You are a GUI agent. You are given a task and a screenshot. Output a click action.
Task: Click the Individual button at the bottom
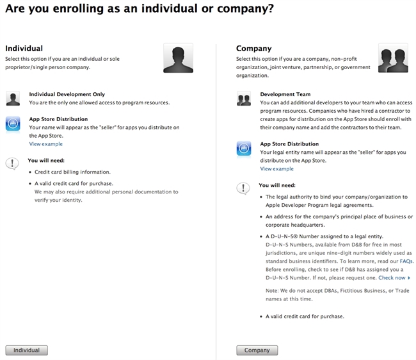click(26, 350)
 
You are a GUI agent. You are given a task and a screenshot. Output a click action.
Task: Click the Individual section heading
click(24, 49)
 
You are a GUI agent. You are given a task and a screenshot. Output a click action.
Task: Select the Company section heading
click(253, 49)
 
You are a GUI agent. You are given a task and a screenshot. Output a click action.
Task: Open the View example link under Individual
click(46, 144)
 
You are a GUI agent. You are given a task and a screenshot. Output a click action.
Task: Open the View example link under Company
click(276, 169)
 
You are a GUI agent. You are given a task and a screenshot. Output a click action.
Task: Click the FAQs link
click(406, 261)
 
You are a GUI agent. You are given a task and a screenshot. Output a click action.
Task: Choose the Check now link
click(394, 278)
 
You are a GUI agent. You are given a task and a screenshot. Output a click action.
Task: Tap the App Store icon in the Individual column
click(13, 124)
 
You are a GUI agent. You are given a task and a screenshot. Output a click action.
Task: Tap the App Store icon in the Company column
click(243, 149)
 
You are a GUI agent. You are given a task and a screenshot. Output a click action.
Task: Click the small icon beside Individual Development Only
click(13, 99)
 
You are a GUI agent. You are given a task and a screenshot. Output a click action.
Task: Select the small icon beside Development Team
click(243, 99)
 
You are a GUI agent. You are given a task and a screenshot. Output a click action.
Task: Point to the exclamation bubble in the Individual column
click(12, 163)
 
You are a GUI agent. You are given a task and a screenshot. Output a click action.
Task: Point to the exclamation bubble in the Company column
click(243, 188)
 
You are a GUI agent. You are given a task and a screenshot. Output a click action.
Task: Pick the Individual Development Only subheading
click(67, 94)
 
